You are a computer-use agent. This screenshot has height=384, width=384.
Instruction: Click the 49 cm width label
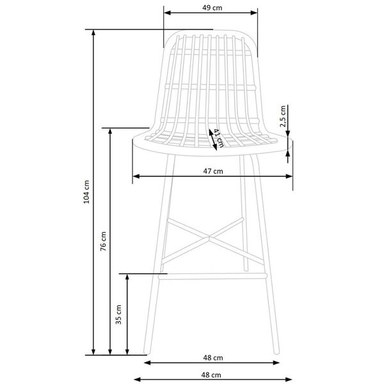click(212, 8)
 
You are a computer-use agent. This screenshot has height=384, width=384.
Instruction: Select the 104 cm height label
click(86, 192)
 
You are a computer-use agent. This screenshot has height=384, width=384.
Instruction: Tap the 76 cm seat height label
click(103, 241)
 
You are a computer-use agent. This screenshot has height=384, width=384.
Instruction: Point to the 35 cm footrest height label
click(118, 315)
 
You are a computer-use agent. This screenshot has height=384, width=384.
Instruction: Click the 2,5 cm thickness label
click(283, 116)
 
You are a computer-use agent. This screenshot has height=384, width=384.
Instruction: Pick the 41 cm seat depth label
click(218, 138)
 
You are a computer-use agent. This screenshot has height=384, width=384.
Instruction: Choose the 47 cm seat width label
click(213, 171)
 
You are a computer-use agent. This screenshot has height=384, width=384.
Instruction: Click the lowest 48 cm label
click(211, 375)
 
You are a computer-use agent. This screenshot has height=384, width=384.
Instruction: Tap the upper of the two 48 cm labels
click(213, 358)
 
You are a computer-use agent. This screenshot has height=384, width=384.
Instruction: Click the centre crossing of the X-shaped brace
click(209, 237)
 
